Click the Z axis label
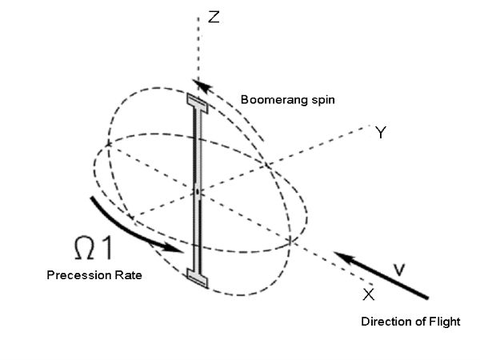point(214,17)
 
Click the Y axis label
point(381,133)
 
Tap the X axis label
point(368,294)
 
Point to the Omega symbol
point(84,248)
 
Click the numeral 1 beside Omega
point(106,248)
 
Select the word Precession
point(79,275)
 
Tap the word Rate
point(128,275)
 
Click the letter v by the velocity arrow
point(399,270)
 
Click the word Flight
point(445,322)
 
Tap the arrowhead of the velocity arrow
point(344,258)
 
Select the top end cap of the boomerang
point(198,103)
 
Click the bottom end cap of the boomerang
point(198,278)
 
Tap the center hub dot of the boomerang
point(198,192)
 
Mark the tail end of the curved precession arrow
point(92,198)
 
